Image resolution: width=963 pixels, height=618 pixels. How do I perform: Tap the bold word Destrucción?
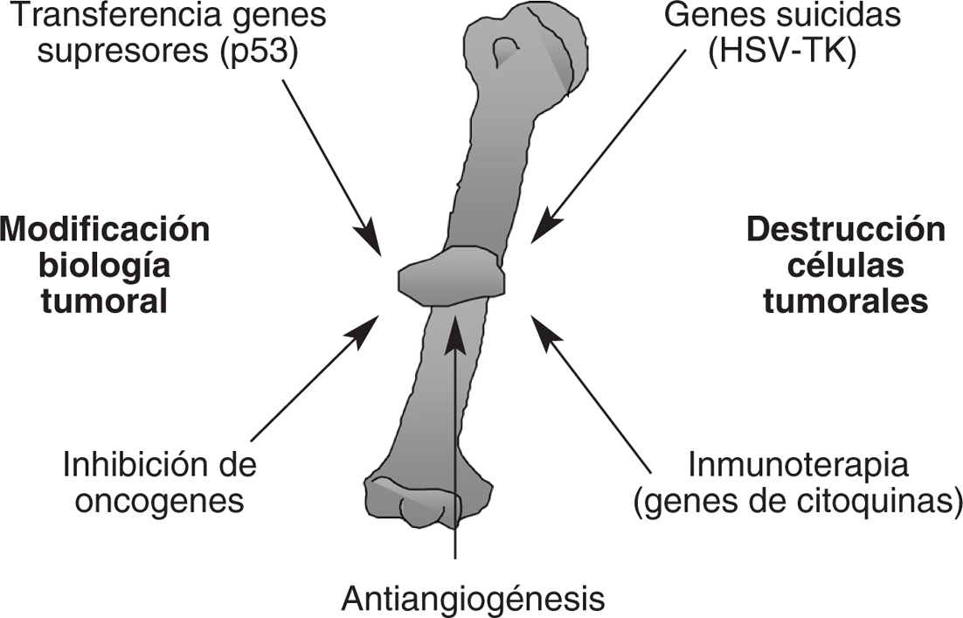(x=846, y=230)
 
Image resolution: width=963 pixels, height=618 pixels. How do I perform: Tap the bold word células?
(x=846, y=266)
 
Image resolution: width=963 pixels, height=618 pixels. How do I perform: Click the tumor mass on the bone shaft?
(x=452, y=280)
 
